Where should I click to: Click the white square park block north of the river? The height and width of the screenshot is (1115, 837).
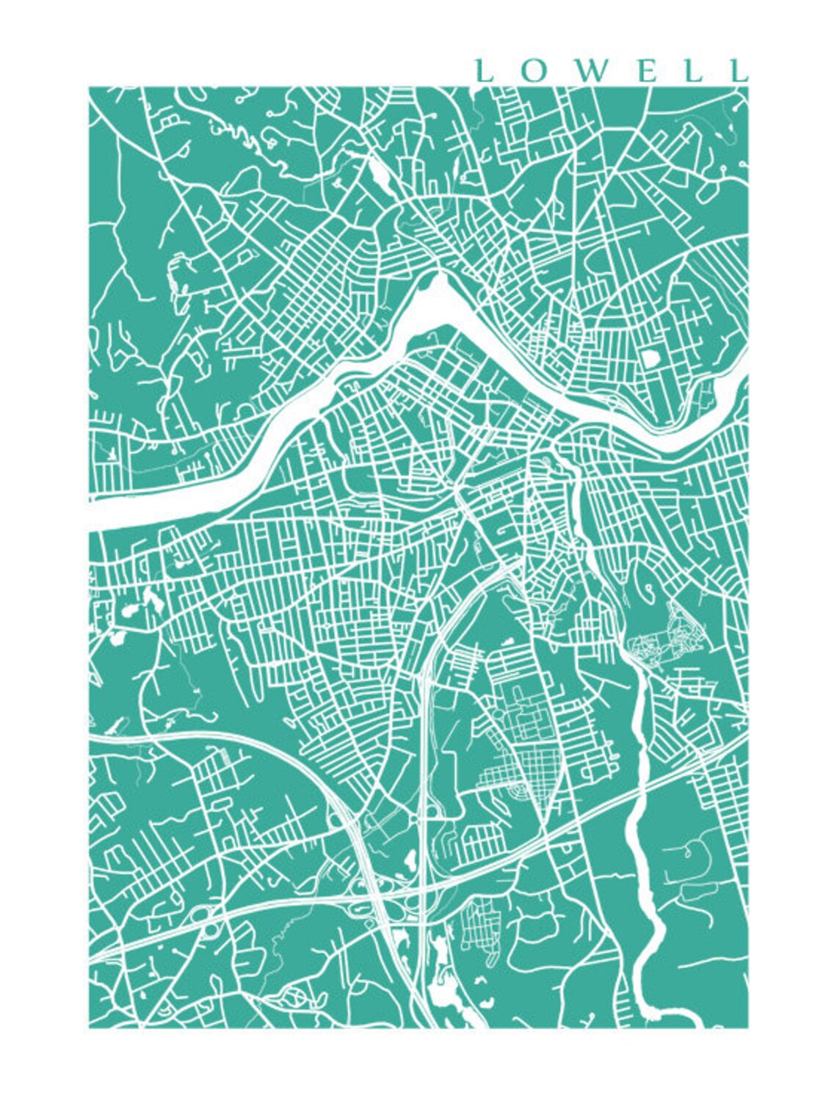click(x=651, y=357)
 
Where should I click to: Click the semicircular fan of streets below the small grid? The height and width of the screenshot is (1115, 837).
click(x=514, y=793)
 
